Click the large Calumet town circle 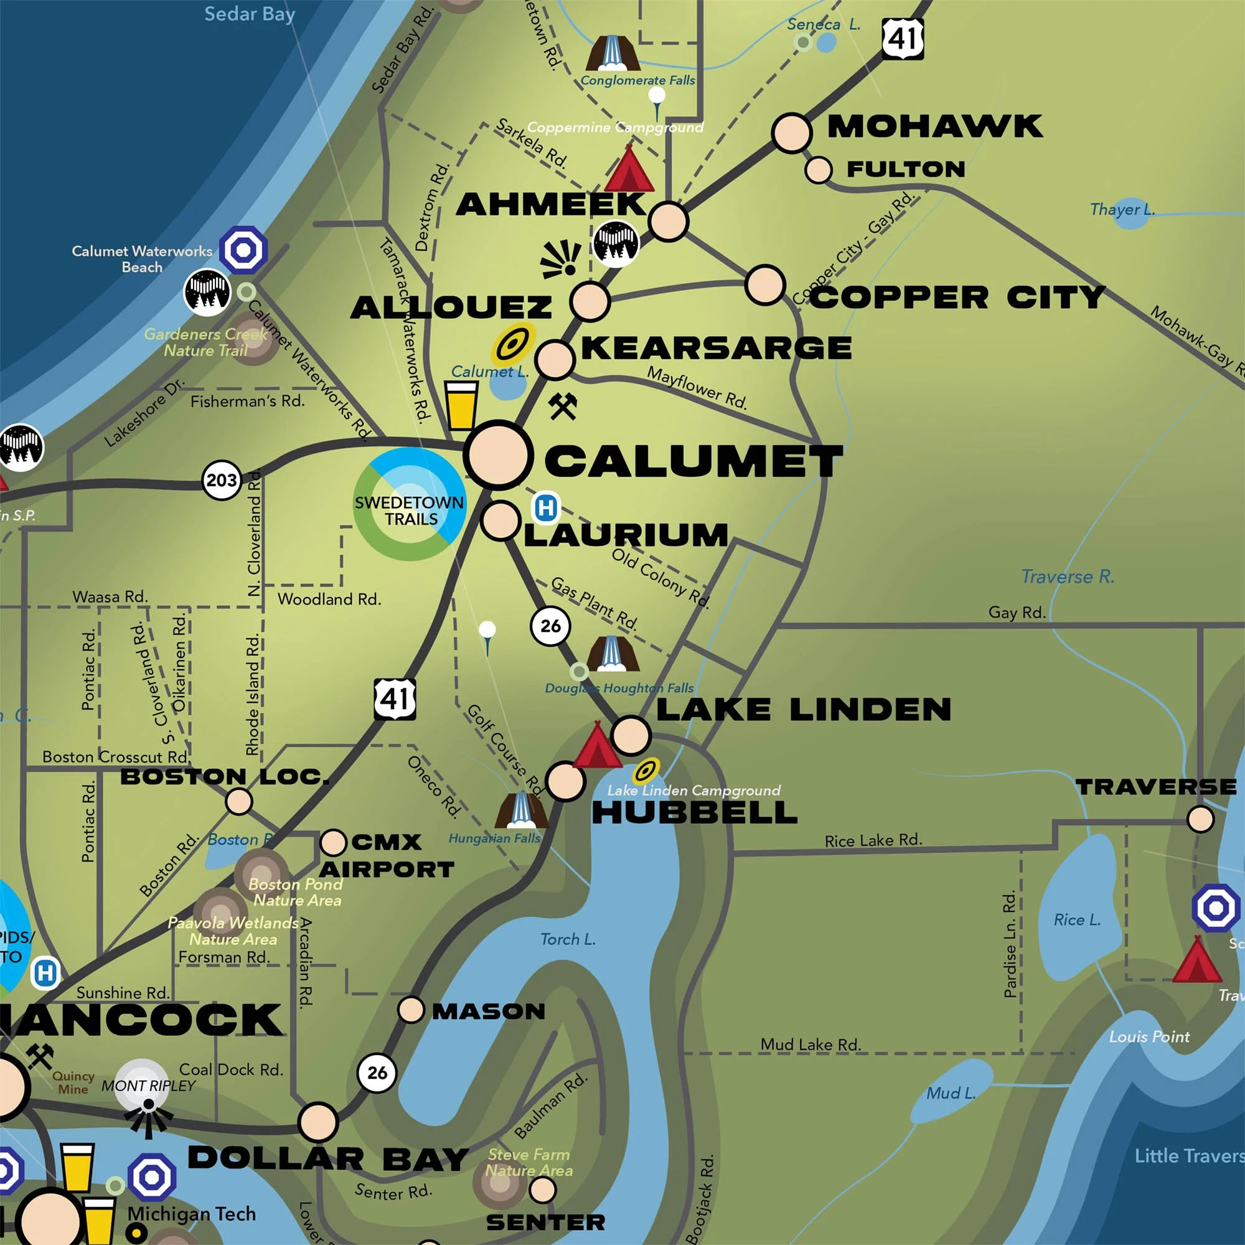498,455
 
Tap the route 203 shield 222,480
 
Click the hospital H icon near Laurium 546,508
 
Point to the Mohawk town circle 791,133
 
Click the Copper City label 957,298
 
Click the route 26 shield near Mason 377,1073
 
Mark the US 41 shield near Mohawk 902,39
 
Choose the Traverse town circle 1201,819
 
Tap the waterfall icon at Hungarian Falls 520,810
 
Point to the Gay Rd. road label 1017,612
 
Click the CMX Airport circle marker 333,842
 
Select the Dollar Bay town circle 317,1122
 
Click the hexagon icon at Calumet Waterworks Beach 243,250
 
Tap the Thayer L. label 1122,209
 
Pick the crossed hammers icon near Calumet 563,406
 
